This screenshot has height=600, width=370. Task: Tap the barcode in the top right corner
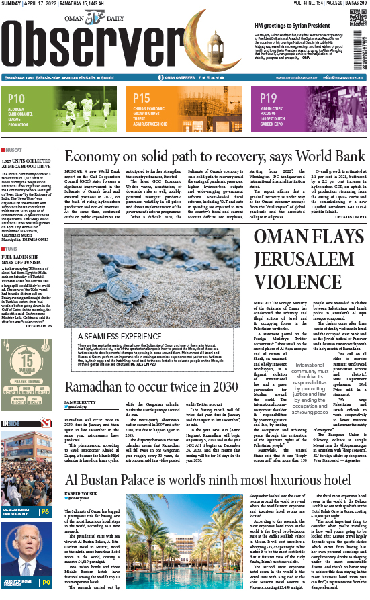[363, 43]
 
